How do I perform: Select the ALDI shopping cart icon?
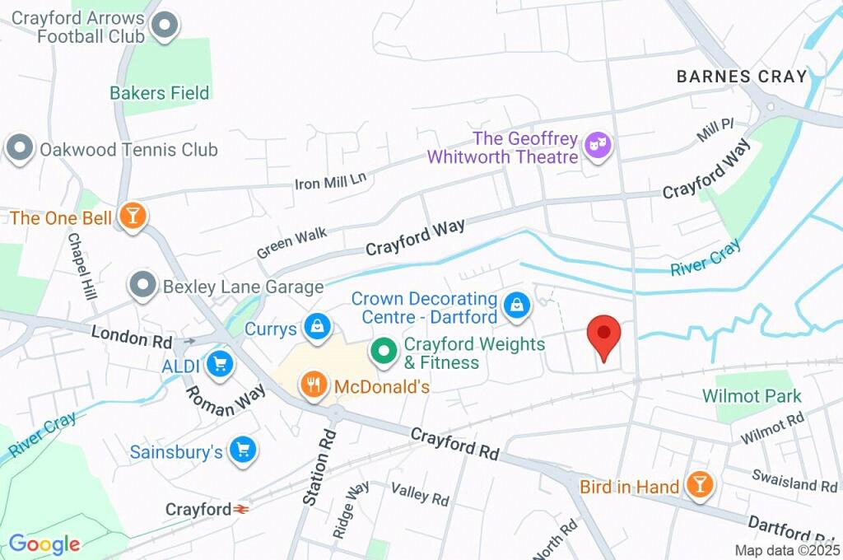(x=219, y=363)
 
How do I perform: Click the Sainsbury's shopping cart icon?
(x=243, y=450)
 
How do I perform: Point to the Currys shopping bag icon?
(x=316, y=328)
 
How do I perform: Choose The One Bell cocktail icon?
(x=131, y=217)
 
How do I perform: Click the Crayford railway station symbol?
(x=242, y=510)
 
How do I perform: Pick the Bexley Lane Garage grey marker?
(x=144, y=287)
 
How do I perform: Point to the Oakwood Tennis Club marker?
(x=19, y=149)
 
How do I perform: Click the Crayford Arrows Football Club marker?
(x=165, y=26)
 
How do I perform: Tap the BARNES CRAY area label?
(x=741, y=77)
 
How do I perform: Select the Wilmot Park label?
(x=752, y=396)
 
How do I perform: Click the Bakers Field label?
(x=160, y=93)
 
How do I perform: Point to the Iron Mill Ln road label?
(x=329, y=178)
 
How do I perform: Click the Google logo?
(x=44, y=544)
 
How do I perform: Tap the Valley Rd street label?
(x=420, y=494)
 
